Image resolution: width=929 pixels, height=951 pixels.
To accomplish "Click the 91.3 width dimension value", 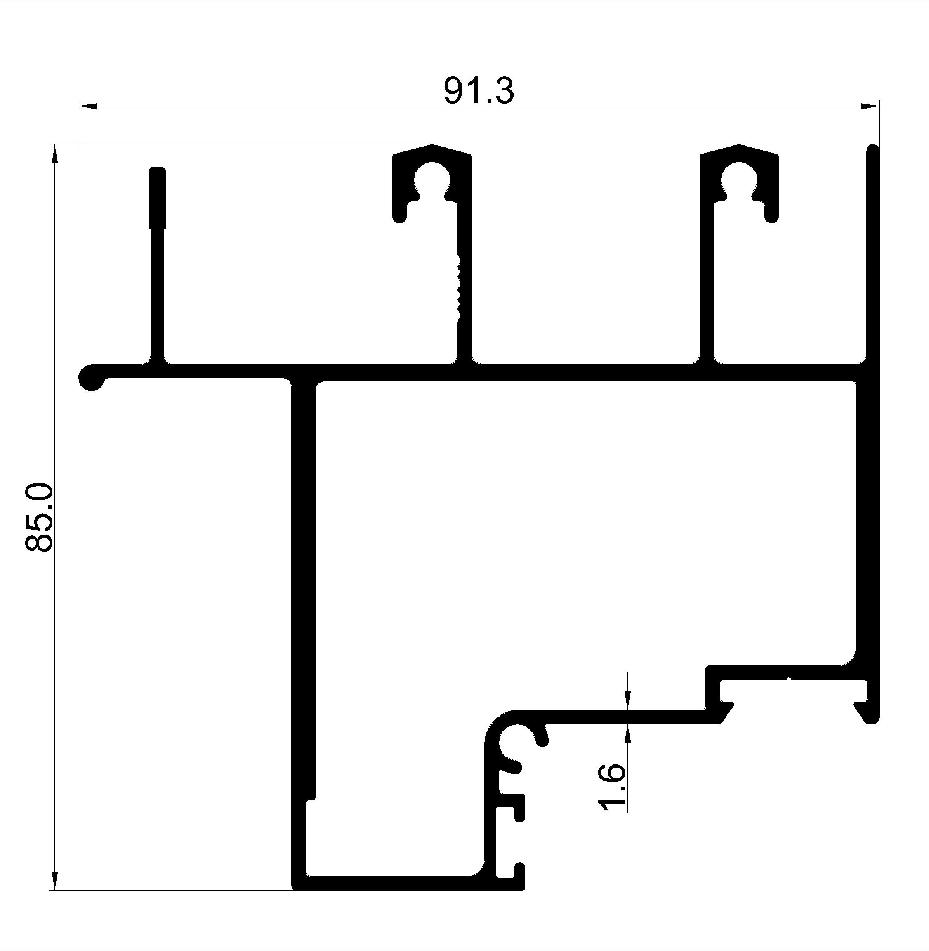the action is click(479, 91).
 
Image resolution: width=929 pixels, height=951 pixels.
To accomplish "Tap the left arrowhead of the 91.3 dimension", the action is click(88, 105).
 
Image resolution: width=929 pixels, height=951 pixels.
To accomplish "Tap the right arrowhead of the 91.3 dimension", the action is click(869, 105).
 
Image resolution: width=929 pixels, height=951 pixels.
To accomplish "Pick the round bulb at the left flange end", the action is click(91, 377).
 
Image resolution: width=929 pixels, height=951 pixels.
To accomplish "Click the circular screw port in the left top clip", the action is click(432, 180).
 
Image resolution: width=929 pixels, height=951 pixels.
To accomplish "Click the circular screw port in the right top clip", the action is click(739, 180).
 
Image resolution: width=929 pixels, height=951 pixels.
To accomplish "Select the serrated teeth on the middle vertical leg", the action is click(458, 286).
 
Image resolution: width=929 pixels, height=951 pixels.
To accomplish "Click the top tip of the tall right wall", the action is click(873, 149).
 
